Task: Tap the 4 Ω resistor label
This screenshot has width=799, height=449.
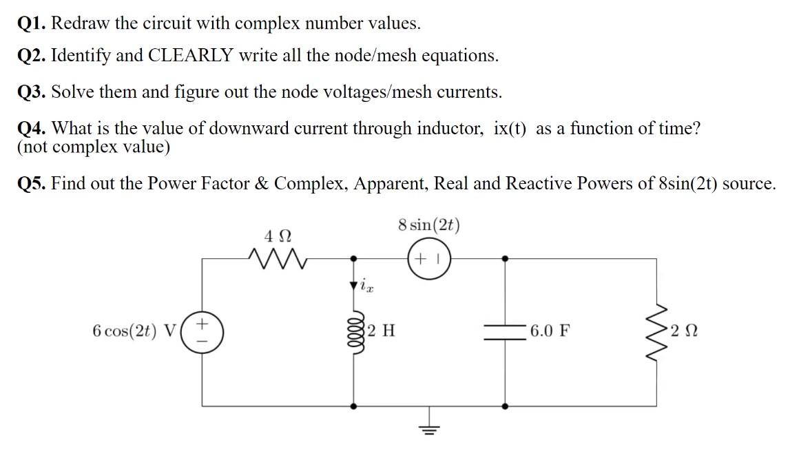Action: coord(275,236)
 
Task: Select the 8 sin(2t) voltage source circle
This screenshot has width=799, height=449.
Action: coord(429,259)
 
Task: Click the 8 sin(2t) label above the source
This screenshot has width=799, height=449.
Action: coord(429,226)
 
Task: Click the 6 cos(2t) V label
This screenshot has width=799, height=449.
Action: coord(134,331)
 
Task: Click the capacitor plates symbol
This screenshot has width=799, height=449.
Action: coord(506,331)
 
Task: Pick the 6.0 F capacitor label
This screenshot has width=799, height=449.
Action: coord(550,331)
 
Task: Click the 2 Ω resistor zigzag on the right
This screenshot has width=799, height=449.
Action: coord(656,331)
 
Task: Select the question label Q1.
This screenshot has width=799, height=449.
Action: coord(32,23)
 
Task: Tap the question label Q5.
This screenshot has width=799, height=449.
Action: coord(32,184)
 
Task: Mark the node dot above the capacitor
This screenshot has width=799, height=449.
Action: coord(506,259)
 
